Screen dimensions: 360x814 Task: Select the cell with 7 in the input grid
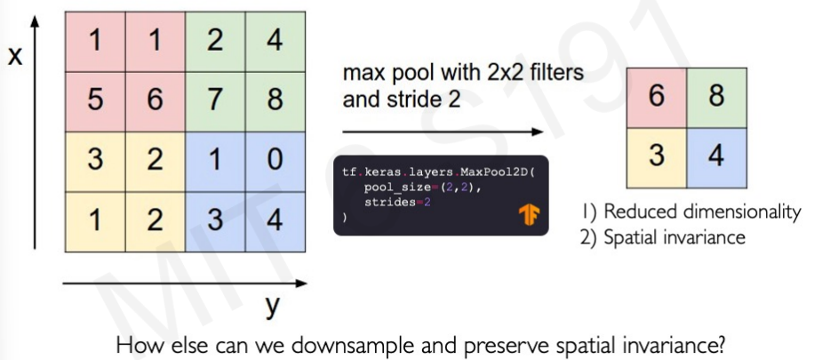[x=214, y=99]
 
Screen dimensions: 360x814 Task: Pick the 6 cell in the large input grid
[x=155, y=99]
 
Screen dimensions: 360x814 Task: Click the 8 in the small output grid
[x=716, y=97]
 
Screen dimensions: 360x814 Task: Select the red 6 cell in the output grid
[x=657, y=97]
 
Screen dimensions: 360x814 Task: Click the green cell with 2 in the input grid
[x=214, y=40]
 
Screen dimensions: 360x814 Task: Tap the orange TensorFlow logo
[x=531, y=216]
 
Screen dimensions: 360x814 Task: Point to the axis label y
[x=272, y=307]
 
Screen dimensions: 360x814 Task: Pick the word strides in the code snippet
[x=389, y=203]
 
